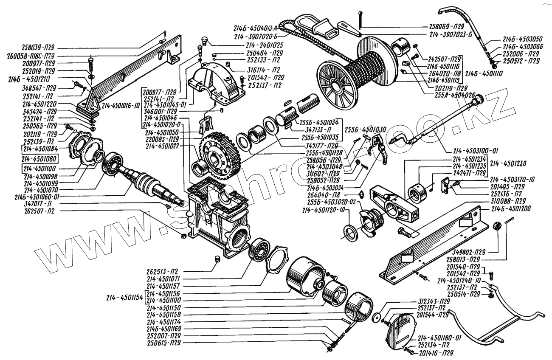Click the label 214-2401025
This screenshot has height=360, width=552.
pos(265,45)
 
